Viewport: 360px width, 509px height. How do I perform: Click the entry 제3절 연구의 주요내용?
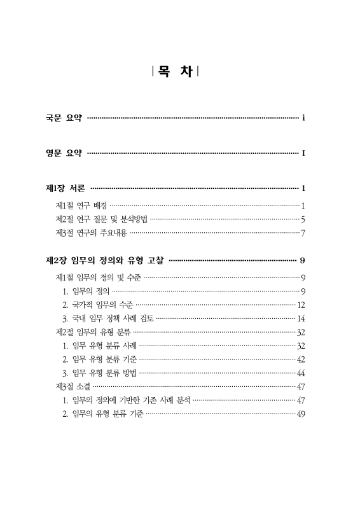point(92,234)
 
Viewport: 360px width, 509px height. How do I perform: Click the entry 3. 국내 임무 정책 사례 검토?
point(107,319)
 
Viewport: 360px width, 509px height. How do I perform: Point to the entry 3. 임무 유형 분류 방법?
point(99,373)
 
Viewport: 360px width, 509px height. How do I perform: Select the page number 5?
point(304,220)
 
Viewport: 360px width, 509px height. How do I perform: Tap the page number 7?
point(304,234)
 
